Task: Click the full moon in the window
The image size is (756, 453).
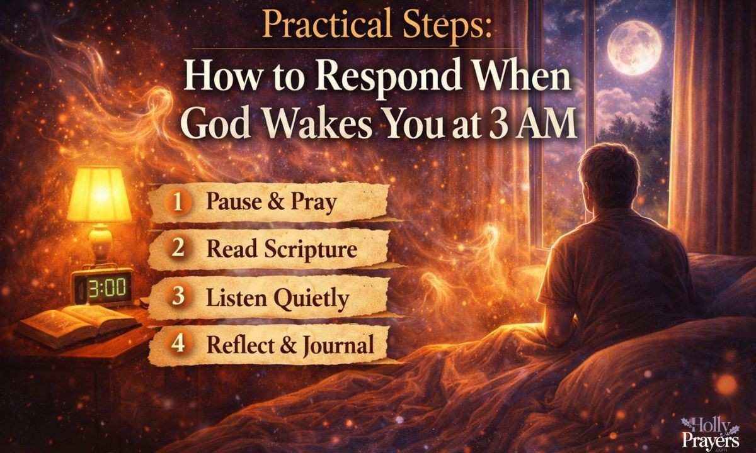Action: [634, 47]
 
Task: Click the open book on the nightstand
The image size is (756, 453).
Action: [76, 321]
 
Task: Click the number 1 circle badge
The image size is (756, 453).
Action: [178, 202]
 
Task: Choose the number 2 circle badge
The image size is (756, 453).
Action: [178, 249]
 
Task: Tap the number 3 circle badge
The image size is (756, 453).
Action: [178, 297]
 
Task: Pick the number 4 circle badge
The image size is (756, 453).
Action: [178, 344]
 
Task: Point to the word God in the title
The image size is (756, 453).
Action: [218, 125]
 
